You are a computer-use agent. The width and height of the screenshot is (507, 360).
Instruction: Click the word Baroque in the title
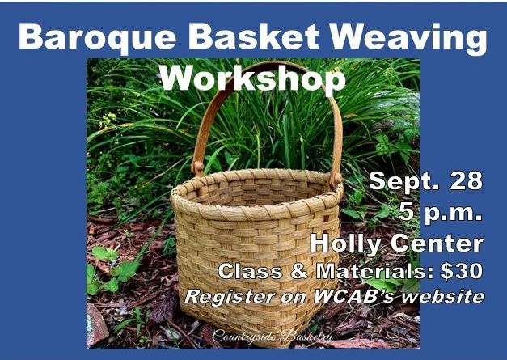pyautogui.click(x=97, y=38)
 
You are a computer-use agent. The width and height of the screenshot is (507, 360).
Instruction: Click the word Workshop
pyautogui.click(x=254, y=78)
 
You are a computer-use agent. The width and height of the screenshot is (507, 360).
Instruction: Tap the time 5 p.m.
pyautogui.click(x=441, y=213)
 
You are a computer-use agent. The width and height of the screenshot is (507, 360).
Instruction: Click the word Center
pyautogui.click(x=437, y=244)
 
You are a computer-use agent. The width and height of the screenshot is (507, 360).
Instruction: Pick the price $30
pyautogui.click(x=462, y=271)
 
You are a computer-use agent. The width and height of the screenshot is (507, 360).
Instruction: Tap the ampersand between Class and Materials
pyautogui.click(x=298, y=271)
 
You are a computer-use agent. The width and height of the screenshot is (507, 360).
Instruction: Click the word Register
pyautogui.click(x=230, y=297)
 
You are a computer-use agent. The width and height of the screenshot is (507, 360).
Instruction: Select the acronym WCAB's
pyautogui.click(x=353, y=296)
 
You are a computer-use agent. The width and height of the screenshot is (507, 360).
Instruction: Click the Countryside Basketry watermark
pyautogui.click(x=272, y=337)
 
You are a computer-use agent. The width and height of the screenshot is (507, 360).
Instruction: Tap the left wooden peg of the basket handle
pyautogui.click(x=199, y=167)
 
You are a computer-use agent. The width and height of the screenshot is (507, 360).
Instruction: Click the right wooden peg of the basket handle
pyautogui.click(x=337, y=178)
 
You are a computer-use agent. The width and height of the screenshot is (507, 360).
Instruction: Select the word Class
pyautogui.click(x=251, y=271)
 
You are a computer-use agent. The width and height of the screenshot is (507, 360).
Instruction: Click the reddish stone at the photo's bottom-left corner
pyautogui.click(x=96, y=325)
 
